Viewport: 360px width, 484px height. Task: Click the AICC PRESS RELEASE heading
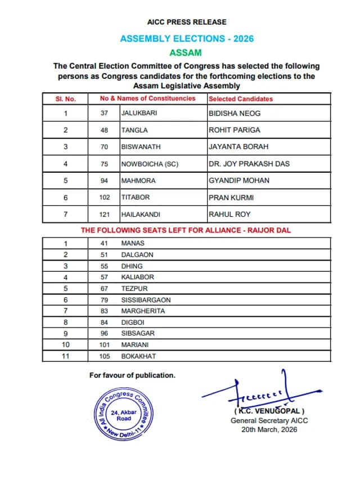187,22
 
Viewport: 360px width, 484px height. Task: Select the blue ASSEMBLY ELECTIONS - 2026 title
187,39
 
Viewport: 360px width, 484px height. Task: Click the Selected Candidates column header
241,99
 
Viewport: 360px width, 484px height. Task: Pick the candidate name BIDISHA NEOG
235,113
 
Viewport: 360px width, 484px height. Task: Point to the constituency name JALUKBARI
139,113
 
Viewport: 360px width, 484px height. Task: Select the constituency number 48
104,130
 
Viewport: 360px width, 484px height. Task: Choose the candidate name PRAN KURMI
231,198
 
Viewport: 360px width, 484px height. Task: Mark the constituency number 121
104,214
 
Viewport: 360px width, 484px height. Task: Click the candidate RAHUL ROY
229,214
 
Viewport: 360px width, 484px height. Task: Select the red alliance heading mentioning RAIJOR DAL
186,230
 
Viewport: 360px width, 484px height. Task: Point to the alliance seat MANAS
133,243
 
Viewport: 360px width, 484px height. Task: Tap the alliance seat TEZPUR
134,288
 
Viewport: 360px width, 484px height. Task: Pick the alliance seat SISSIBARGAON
146,300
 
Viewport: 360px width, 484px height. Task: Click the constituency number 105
103,356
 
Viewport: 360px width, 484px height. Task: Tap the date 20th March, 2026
269,429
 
